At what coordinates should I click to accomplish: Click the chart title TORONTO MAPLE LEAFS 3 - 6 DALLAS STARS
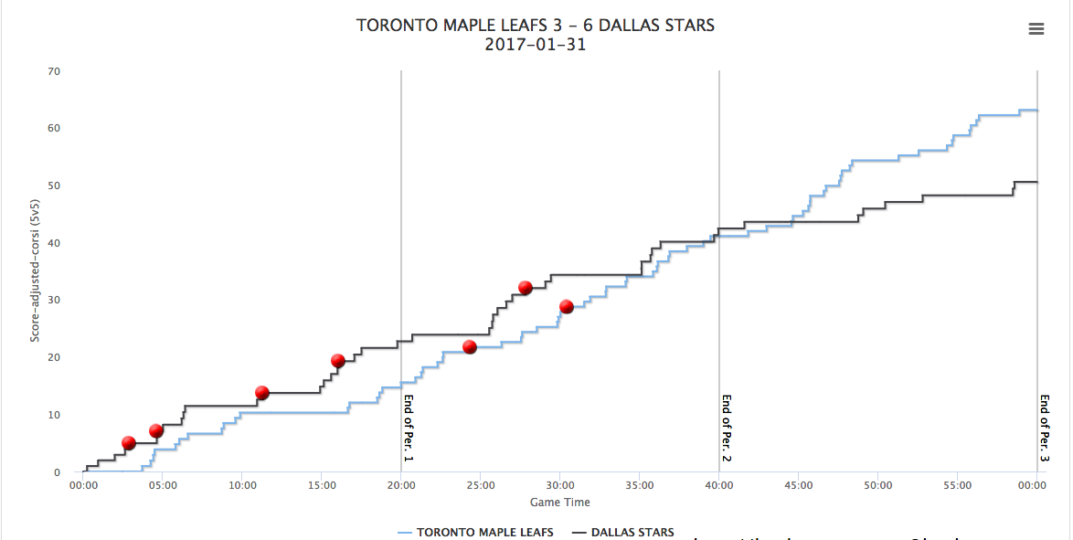tap(536, 26)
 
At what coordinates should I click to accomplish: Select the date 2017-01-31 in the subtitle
tap(536, 45)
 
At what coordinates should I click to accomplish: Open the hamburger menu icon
tap(1036, 29)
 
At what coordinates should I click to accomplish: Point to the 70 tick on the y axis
tap(54, 71)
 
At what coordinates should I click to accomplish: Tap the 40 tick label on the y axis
tap(54, 243)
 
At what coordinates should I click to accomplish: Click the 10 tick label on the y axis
tap(54, 415)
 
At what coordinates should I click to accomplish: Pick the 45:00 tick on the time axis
tap(798, 485)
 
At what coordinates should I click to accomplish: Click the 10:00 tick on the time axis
tap(241, 485)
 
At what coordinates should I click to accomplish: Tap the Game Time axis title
tap(559, 502)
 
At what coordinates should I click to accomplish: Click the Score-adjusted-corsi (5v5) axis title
tap(35, 272)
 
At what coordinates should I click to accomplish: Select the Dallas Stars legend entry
tap(623, 532)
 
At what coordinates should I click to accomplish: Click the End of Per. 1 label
tap(409, 428)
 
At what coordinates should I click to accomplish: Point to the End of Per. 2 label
tap(727, 428)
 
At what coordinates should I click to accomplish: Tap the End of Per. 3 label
tap(1044, 428)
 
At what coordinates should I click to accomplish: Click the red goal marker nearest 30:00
tap(566, 307)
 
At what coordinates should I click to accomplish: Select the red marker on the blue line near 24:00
tap(470, 347)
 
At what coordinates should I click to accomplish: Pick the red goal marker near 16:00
tap(337, 361)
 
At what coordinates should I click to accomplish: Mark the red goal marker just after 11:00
tap(261, 393)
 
